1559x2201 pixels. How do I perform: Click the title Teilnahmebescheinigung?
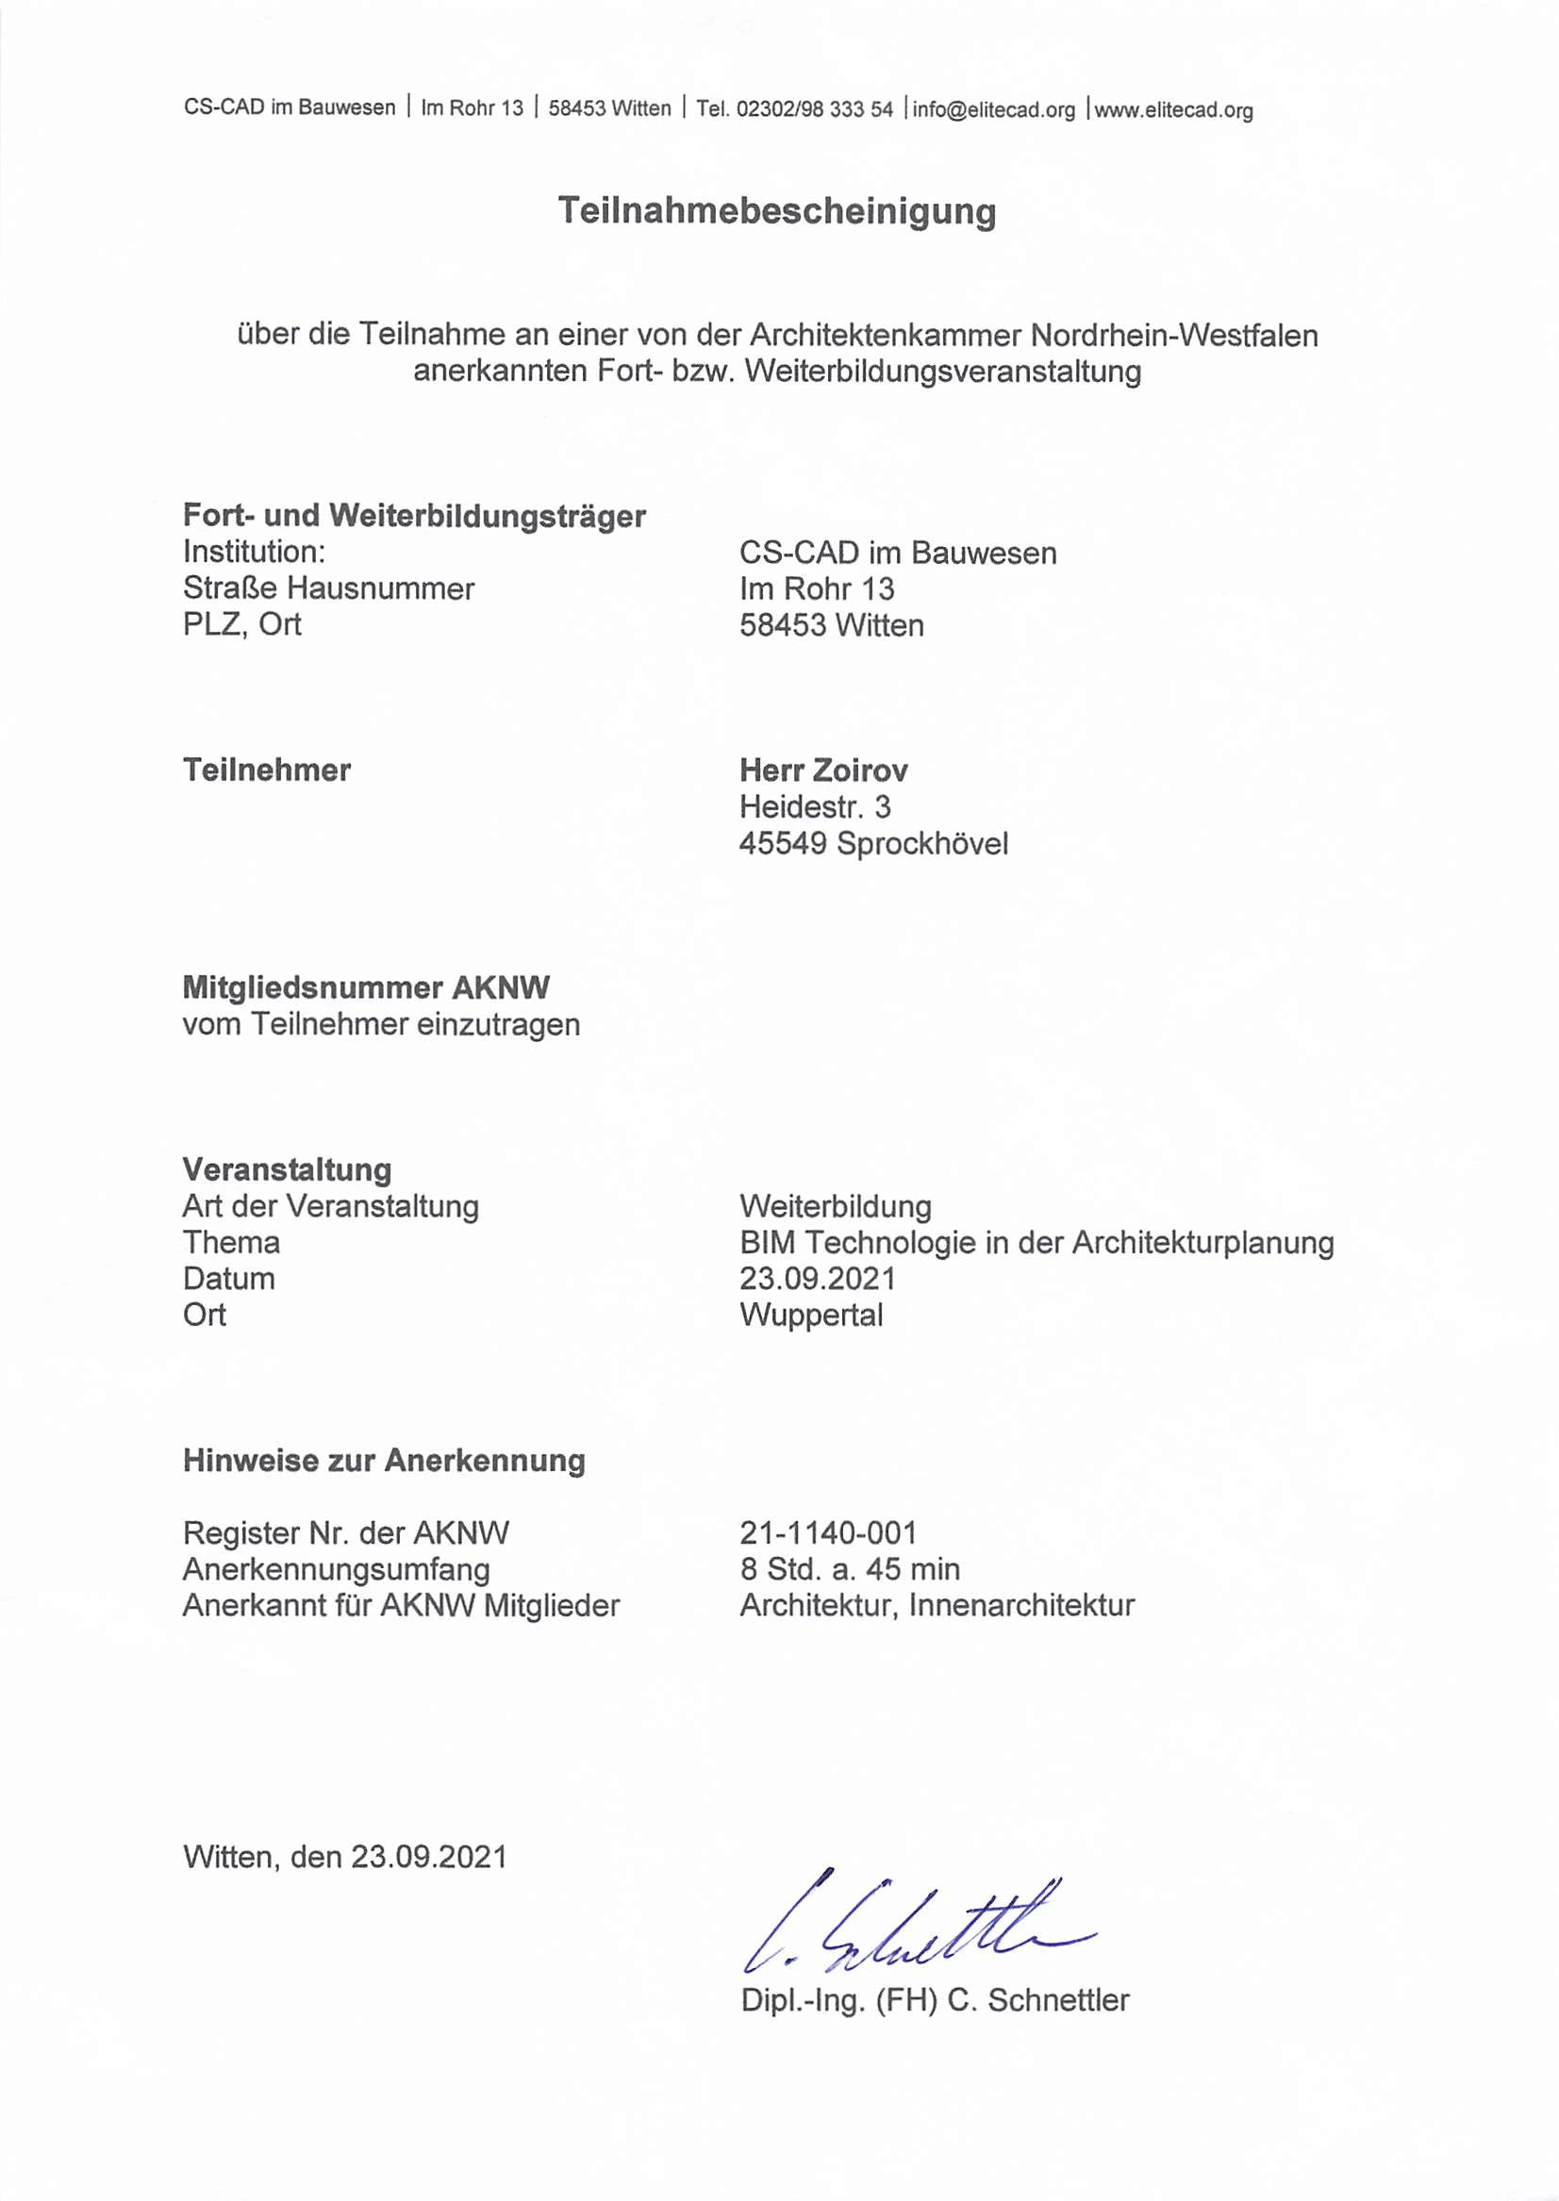pyautogui.click(x=776, y=211)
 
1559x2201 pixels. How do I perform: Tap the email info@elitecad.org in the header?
pyautogui.click(x=993, y=109)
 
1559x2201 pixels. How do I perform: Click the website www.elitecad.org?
pyautogui.click(x=1173, y=110)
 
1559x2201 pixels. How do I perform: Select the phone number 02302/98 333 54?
pyautogui.click(x=814, y=109)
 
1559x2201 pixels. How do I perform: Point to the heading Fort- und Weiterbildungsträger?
pyautogui.click(x=414, y=516)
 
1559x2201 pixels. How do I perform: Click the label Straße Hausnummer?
pyautogui.click(x=328, y=587)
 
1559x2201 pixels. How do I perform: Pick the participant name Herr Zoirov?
pyautogui.click(x=822, y=770)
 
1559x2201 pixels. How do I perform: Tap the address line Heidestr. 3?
pyautogui.click(x=814, y=806)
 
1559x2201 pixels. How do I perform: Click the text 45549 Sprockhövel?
pyautogui.click(x=873, y=843)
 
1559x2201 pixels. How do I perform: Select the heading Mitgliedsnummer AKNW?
pyautogui.click(x=366, y=986)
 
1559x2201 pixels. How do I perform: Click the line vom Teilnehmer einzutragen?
pyautogui.click(x=381, y=1024)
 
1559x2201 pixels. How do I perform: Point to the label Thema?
pyautogui.click(x=231, y=1242)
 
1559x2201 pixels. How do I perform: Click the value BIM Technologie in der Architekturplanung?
pyautogui.click(x=1036, y=1242)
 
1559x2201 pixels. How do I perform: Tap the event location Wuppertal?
pyautogui.click(x=811, y=1314)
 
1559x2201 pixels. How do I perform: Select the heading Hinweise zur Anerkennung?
pyautogui.click(x=384, y=1460)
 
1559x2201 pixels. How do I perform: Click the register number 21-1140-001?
pyautogui.click(x=827, y=1532)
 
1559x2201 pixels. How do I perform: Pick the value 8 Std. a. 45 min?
pyautogui.click(x=850, y=1568)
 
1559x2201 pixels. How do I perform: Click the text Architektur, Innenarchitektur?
pyautogui.click(x=937, y=1605)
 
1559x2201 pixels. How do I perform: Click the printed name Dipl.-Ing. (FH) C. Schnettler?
pyautogui.click(x=934, y=1999)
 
